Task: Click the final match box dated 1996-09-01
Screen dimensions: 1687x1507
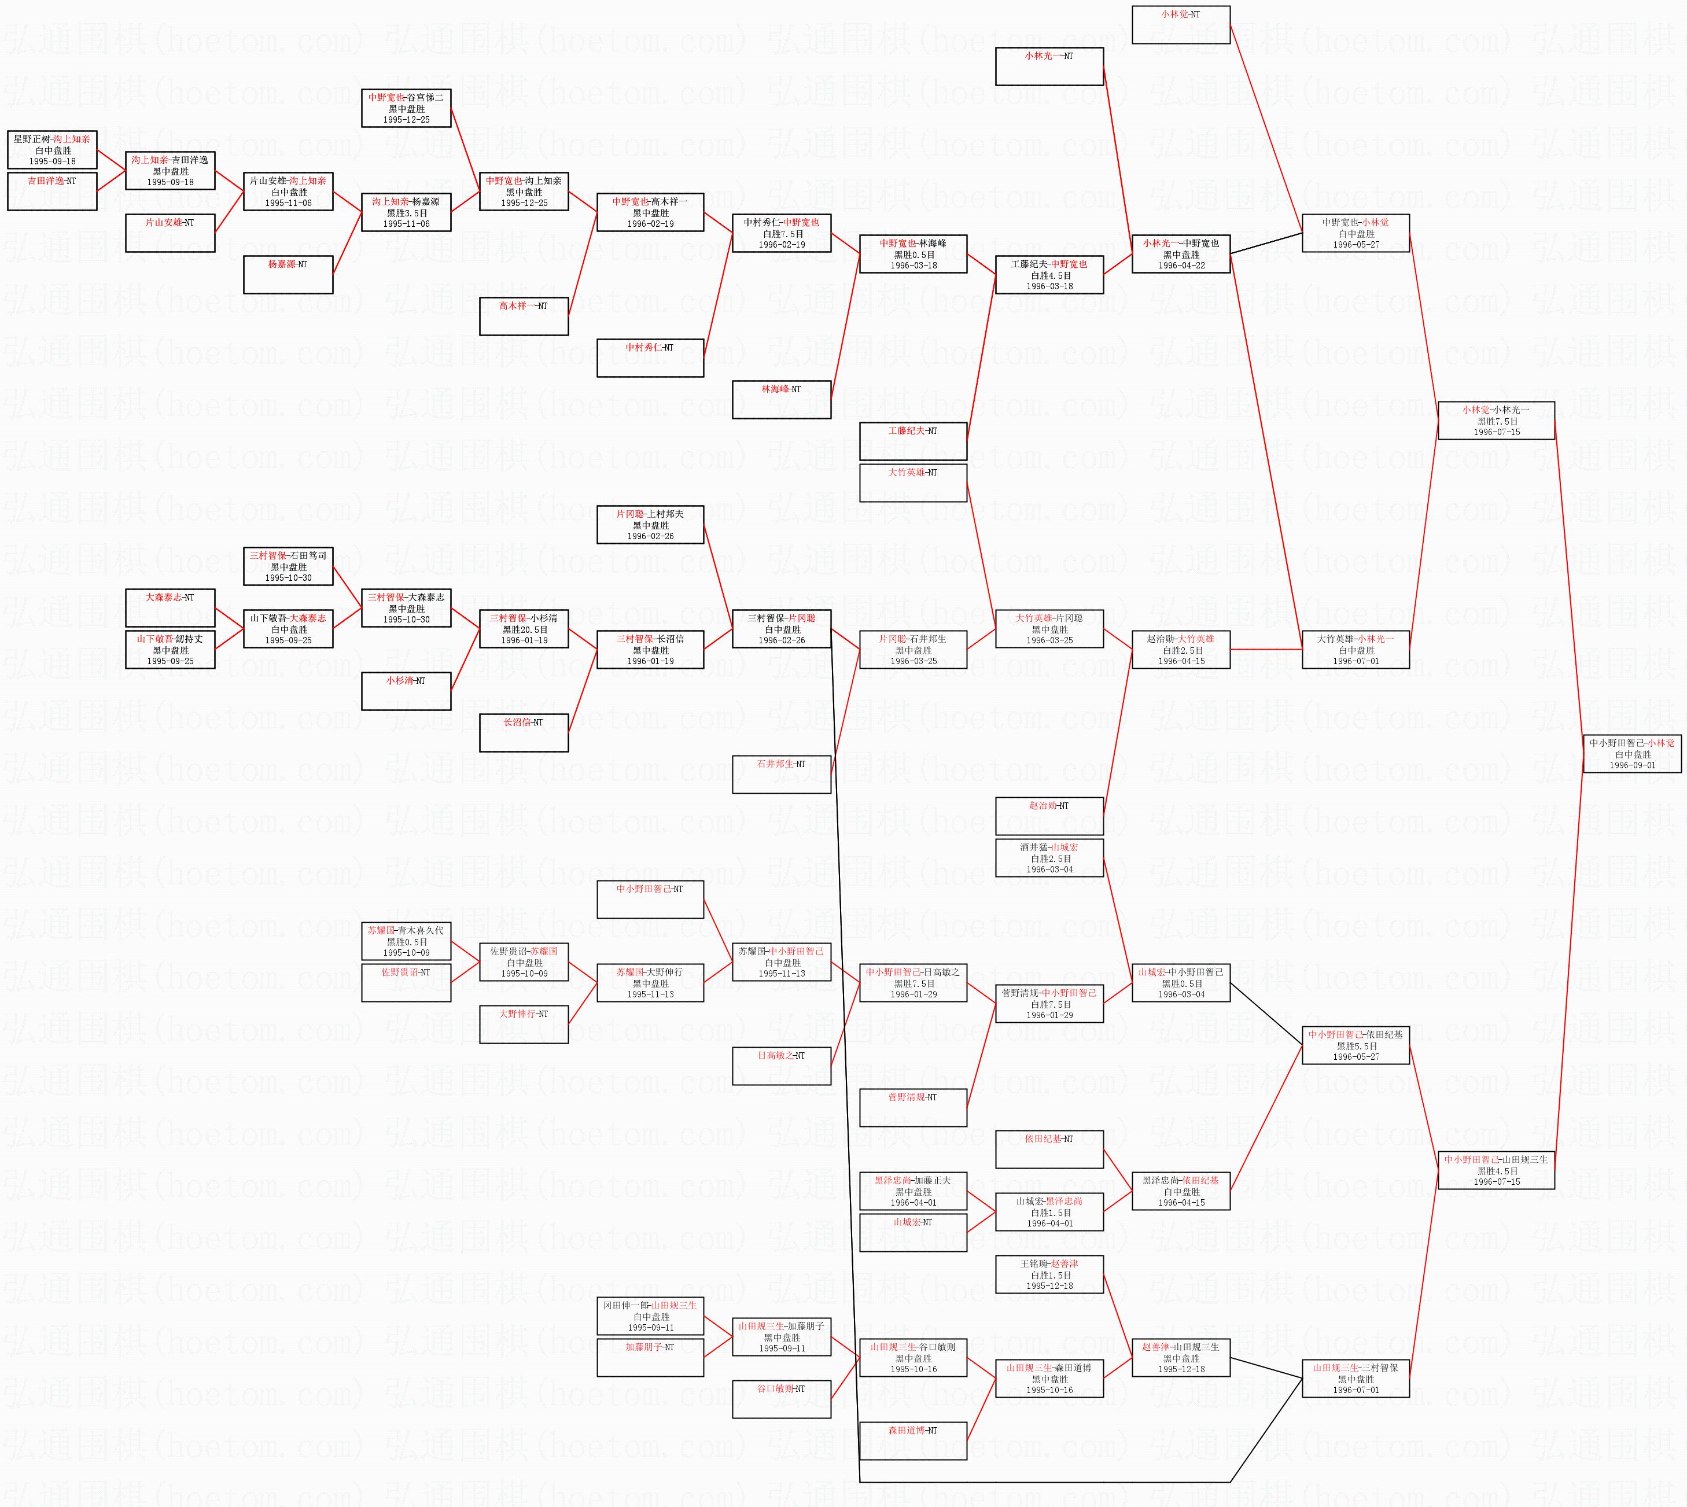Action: [x=1631, y=753]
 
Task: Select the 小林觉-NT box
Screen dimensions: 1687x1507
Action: [x=1180, y=25]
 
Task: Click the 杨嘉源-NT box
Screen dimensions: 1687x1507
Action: [x=288, y=275]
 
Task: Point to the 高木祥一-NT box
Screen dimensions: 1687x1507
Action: [x=524, y=316]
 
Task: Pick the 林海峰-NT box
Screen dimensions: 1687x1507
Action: [x=781, y=399]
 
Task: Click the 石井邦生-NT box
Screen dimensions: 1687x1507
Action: [x=781, y=774]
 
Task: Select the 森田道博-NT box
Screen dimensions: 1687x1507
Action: [x=913, y=1440]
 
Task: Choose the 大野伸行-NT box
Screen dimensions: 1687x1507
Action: [x=524, y=1025]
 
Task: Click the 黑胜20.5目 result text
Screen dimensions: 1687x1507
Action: [x=524, y=629]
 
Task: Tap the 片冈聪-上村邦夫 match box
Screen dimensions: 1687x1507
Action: [x=650, y=525]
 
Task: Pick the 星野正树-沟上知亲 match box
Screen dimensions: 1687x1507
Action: [x=52, y=150]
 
